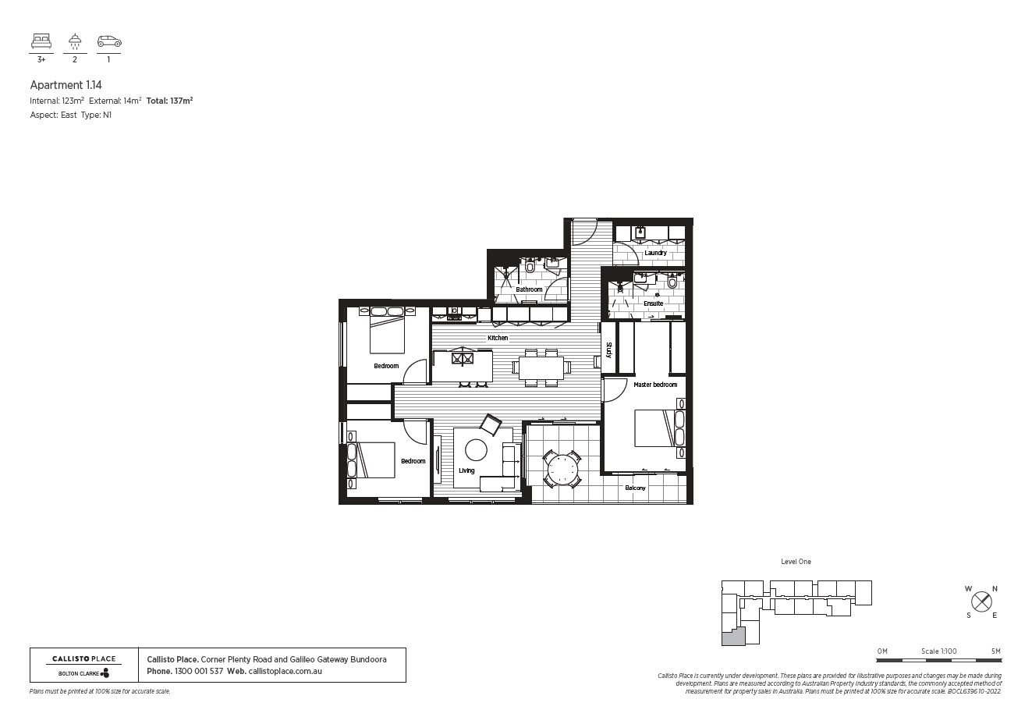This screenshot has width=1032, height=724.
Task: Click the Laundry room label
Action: pyautogui.click(x=655, y=253)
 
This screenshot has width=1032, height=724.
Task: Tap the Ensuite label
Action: pyautogui.click(x=653, y=303)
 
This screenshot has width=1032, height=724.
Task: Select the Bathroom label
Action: pyautogui.click(x=529, y=289)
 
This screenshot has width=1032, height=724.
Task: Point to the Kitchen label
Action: pyautogui.click(x=498, y=338)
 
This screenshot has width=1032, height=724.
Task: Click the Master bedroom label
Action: pyautogui.click(x=655, y=385)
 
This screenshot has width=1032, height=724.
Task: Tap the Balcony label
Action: pyautogui.click(x=635, y=488)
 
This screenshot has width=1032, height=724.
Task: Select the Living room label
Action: pyautogui.click(x=466, y=470)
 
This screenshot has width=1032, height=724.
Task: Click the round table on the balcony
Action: pyautogui.click(x=562, y=470)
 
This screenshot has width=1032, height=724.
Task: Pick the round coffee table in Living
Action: pyautogui.click(x=476, y=450)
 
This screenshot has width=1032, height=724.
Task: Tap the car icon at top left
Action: pyautogui.click(x=109, y=41)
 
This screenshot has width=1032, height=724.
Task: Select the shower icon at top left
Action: pyautogui.click(x=75, y=41)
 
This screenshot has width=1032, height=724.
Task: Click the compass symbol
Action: pyautogui.click(x=981, y=602)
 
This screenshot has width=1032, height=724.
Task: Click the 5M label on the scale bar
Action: pyautogui.click(x=995, y=651)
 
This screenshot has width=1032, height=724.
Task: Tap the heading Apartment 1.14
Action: pyautogui.click(x=66, y=85)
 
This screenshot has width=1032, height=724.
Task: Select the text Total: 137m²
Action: pyautogui.click(x=169, y=101)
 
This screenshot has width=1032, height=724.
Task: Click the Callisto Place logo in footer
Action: pyautogui.click(x=83, y=665)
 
